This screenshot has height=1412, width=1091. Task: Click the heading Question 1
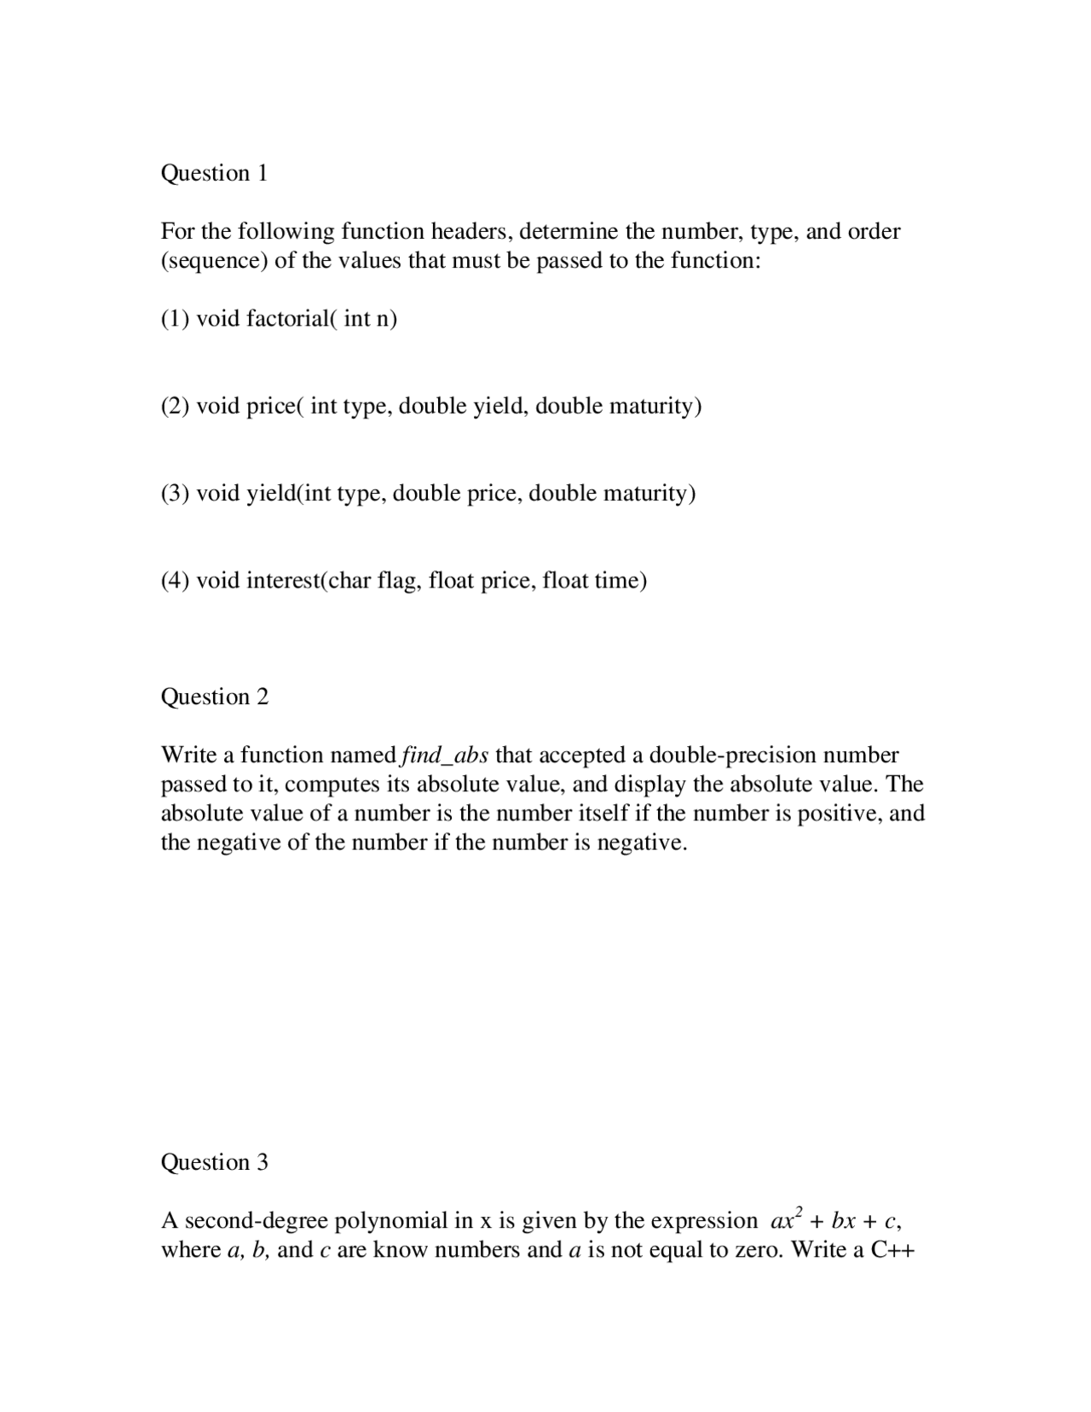click(x=214, y=173)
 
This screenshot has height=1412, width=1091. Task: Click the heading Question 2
click(x=214, y=697)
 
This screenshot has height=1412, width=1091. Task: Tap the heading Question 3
click(x=214, y=1162)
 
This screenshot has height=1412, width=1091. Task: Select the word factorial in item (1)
click(x=292, y=319)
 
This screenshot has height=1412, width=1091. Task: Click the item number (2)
click(x=175, y=406)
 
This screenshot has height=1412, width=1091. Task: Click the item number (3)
click(x=175, y=494)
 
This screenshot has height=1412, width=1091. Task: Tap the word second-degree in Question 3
click(x=257, y=1221)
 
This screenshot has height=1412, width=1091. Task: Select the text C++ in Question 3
click(x=892, y=1250)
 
